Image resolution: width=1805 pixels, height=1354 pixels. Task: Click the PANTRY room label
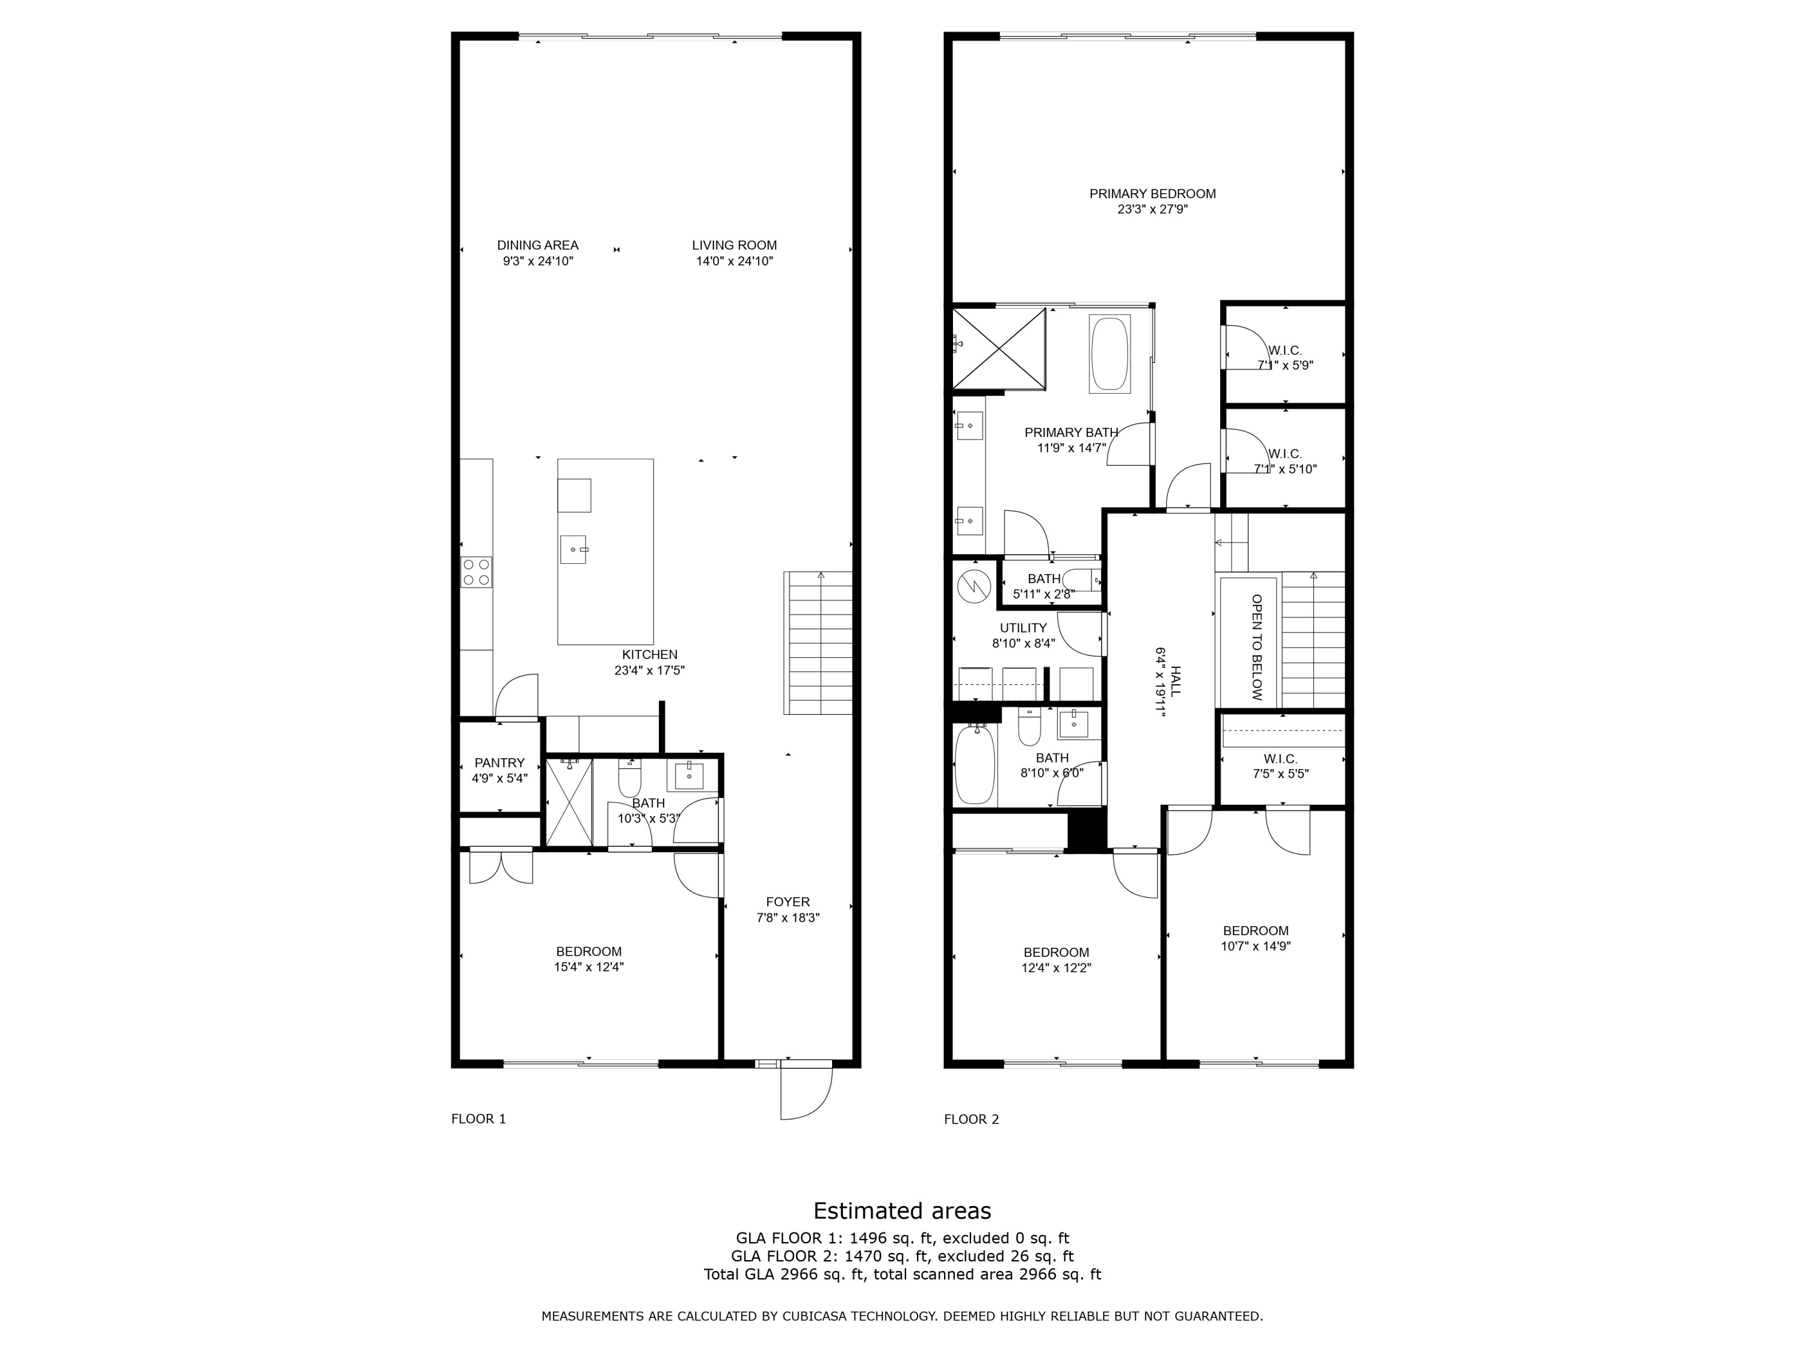pos(499,763)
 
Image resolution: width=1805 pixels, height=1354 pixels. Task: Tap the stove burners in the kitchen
pos(477,571)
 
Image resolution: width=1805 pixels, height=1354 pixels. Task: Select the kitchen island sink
pos(573,549)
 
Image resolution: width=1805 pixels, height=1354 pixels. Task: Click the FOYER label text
pos(788,902)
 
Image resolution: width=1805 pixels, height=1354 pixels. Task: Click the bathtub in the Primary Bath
pos(1109,353)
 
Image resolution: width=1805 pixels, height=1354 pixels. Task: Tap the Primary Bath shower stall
pos(999,348)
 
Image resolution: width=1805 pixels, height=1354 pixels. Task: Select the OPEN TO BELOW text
pos(1257,647)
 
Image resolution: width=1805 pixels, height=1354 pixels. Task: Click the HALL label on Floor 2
pos(1176,681)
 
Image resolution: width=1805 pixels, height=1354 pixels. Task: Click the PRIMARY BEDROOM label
pos(1152,193)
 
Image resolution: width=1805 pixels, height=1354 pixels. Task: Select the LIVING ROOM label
pos(735,245)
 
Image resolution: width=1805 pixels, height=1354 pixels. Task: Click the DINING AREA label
pos(538,245)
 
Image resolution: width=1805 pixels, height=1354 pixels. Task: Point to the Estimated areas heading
pos(902,1210)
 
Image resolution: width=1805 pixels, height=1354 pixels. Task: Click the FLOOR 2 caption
pos(971,1119)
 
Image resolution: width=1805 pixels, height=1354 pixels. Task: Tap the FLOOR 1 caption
pos(478,1119)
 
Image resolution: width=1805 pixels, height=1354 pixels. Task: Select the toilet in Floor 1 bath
pos(630,779)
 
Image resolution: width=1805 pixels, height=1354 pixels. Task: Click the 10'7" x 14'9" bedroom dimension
pos(1255,947)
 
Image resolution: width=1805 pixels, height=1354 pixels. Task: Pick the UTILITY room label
pos(1023,628)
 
